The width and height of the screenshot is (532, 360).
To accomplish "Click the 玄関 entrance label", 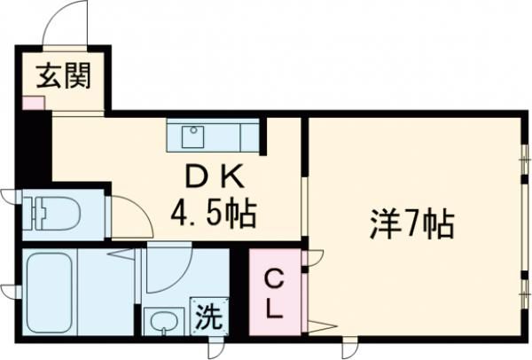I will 62,77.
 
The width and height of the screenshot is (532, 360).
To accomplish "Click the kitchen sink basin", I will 192,137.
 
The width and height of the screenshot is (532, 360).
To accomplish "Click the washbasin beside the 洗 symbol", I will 162,320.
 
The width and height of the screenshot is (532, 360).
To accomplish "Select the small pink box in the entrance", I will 32,101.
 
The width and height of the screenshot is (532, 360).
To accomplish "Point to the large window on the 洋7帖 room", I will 522,222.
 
